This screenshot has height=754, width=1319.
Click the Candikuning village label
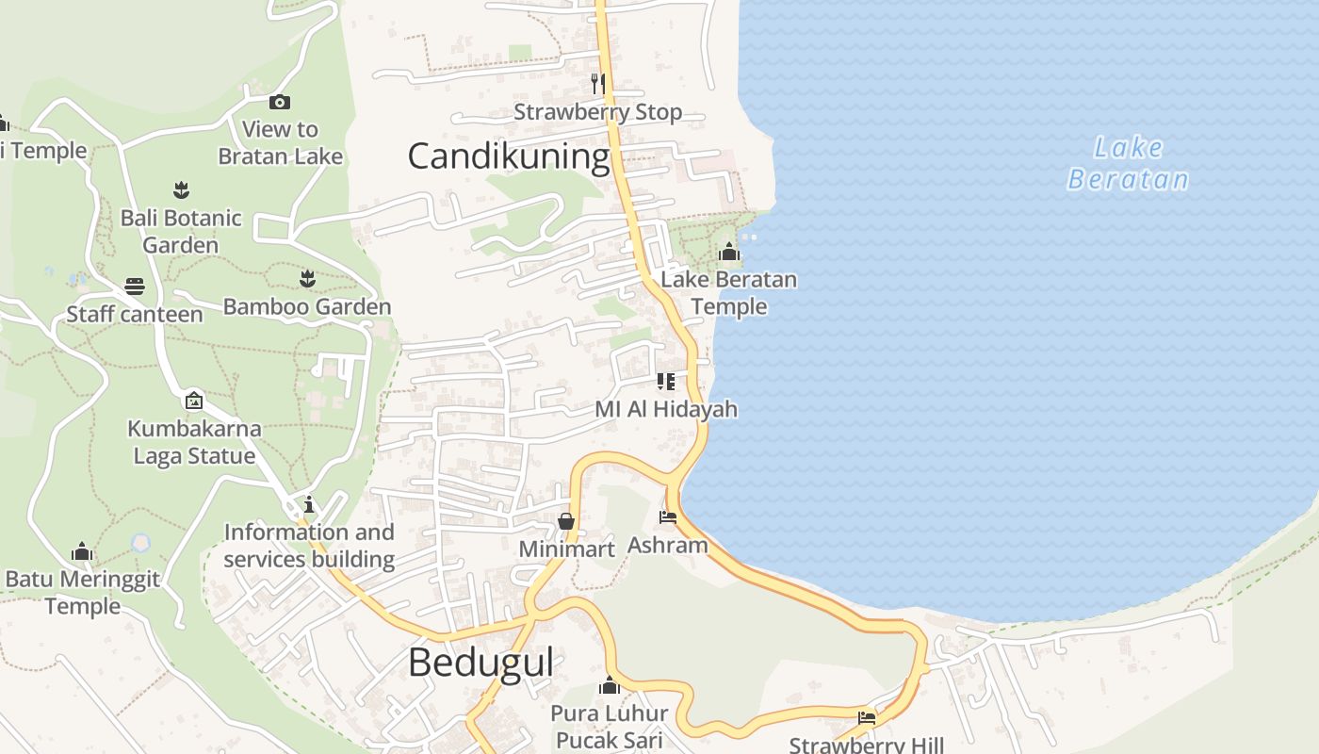click(509, 156)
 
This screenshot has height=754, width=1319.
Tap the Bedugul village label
click(480, 663)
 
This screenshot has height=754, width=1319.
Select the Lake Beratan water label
click(1128, 163)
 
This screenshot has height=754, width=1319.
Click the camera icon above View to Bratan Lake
click(280, 102)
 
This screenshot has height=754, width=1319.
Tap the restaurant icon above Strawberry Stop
click(597, 83)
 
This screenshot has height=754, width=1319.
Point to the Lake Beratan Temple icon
click(729, 252)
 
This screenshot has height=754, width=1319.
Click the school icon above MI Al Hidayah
click(666, 382)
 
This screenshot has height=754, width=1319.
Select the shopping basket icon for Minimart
click(566, 521)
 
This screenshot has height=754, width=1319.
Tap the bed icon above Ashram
click(668, 517)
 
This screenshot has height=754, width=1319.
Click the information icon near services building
click(309, 504)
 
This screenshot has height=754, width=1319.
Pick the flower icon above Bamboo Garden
click(307, 278)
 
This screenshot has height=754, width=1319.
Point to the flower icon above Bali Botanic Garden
click(181, 190)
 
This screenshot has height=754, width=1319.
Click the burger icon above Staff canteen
click(135, 287)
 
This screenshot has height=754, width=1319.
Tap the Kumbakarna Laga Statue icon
click(194, 401)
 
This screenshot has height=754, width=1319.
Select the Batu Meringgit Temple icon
click(82, 551)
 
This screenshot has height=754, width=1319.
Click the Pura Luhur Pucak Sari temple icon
click(610, 685)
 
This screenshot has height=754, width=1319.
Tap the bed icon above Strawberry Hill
click(867, 718)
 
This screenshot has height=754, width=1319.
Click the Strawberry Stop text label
click(597, 112)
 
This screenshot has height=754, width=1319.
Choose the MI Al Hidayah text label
click(666, 410)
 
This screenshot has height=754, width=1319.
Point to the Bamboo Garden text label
click(307, 306)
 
